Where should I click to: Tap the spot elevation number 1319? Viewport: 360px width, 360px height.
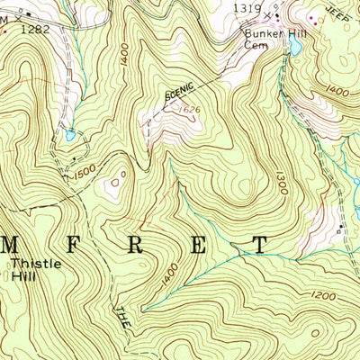tap(247, 8)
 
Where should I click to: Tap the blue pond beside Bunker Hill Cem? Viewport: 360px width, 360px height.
tap(293, 41)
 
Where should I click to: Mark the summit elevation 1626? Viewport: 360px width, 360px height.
tap(187, 110)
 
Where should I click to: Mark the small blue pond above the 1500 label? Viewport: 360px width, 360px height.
tap(69, 136)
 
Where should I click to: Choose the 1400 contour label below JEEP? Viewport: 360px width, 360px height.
tap(338, 91)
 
